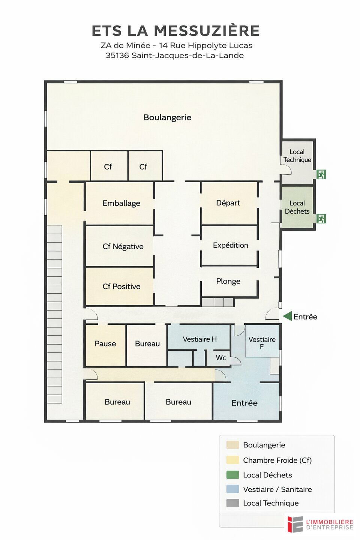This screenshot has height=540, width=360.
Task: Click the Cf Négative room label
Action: coord(123,246)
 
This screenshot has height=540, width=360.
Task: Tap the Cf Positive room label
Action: coord(121,286)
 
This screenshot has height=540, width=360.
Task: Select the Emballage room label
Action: coord(121,203)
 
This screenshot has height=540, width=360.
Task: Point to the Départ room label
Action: coord(228,203)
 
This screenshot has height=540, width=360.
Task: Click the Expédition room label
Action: coord(231,245)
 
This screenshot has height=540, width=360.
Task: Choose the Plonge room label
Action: coord(228,281)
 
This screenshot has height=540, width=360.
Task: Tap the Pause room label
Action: coord(105,343)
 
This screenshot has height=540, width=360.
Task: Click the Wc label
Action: coord(221,357)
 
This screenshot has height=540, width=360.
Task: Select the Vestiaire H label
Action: coord(199,339)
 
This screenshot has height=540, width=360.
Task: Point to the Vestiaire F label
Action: coord(262,343)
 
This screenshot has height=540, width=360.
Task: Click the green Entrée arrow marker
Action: coord(287,316)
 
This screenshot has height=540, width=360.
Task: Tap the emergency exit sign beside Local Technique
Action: coord(321,174)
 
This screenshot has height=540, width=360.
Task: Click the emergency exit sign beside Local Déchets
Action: coord(321,218)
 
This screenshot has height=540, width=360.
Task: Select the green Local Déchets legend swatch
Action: coord(232,475)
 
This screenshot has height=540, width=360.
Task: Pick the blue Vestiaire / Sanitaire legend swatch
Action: coord(232,489)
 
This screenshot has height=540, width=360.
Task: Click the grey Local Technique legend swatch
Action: coord(232,503)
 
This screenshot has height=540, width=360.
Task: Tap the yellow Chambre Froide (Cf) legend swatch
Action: coord(232,460)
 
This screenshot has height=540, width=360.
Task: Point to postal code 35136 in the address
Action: coord(117,55)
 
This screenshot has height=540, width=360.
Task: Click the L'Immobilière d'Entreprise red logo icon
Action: coord(295,524)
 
